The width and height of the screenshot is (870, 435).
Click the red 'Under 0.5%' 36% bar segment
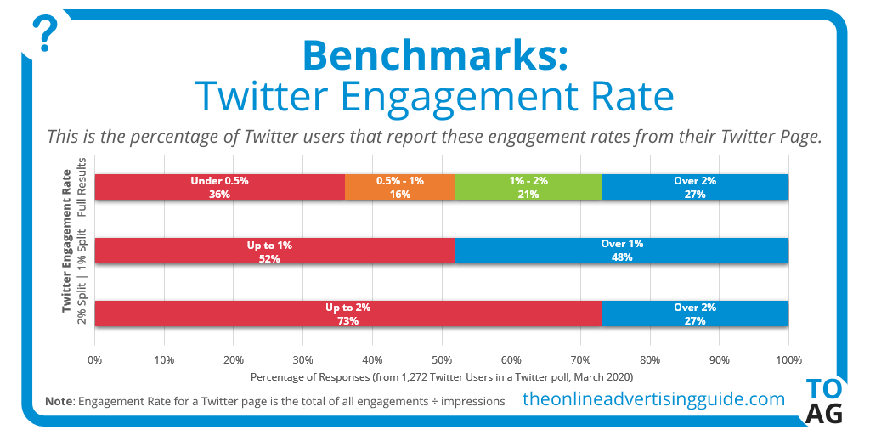click(x=220, y=187)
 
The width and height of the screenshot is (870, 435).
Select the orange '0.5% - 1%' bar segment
click(x=400, y=187)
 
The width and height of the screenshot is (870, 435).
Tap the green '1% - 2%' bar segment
click(x=528, y=187)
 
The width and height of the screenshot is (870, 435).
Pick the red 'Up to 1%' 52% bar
click(x=274, y=251)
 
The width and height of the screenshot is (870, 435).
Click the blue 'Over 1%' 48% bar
click(x=622, y=251)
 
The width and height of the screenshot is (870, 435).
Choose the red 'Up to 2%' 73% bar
click(x=347, y=314)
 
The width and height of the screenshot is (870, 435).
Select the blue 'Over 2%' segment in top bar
click(x=695, y=187)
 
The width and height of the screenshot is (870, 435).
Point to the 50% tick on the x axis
click(x=441, y=359)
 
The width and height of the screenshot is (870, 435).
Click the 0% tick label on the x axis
click(x=95, y=359)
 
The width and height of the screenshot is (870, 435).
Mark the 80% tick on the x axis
click(x=649, y=359)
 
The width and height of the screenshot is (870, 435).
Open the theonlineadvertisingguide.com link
click(x=653, y=398)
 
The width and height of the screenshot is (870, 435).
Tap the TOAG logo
click(x=823, y=401)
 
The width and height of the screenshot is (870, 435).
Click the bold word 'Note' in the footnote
click(x=58, y=400)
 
